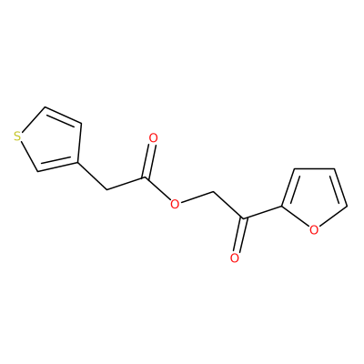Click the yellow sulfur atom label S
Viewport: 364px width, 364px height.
pos(18,136)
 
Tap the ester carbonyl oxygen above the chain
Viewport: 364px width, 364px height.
pos(154,138)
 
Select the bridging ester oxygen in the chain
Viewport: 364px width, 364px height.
pos(175,204)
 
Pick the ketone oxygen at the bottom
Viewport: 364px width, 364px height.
pos(234,258)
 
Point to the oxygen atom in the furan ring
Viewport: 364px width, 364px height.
pos(314,230)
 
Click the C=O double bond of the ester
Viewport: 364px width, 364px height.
pos(149,161)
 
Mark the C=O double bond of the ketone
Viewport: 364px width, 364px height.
pos(239,235)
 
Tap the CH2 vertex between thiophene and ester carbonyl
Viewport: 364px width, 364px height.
pos(107,190)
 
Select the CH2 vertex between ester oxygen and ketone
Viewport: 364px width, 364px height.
pos(213,192)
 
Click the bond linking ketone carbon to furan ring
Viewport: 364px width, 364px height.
pos(262,212)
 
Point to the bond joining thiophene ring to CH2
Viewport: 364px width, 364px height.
pos(93,177)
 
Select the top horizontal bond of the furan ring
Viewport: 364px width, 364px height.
pos(315,169)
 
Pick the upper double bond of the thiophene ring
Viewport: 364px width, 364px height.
pos(63,116)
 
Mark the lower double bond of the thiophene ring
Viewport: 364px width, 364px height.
pos(57,166)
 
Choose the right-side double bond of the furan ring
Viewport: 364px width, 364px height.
pos(339,188)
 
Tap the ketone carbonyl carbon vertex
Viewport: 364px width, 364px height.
pos(243,218)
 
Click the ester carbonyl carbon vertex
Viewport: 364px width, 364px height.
pos(146,177)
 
